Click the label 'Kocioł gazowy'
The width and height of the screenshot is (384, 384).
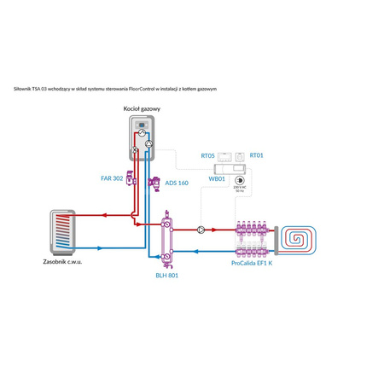click(143, 110)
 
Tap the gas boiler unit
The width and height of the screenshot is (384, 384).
click(143, 139)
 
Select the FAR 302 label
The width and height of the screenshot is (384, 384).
click(112, 178)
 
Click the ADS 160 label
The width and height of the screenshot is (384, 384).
click(177, 183)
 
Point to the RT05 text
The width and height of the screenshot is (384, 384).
click(207, 156)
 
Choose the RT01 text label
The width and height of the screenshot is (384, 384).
click(255, 156)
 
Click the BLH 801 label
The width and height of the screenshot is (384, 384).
click(166, 276)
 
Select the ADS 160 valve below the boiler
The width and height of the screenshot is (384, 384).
click(157, 181)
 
